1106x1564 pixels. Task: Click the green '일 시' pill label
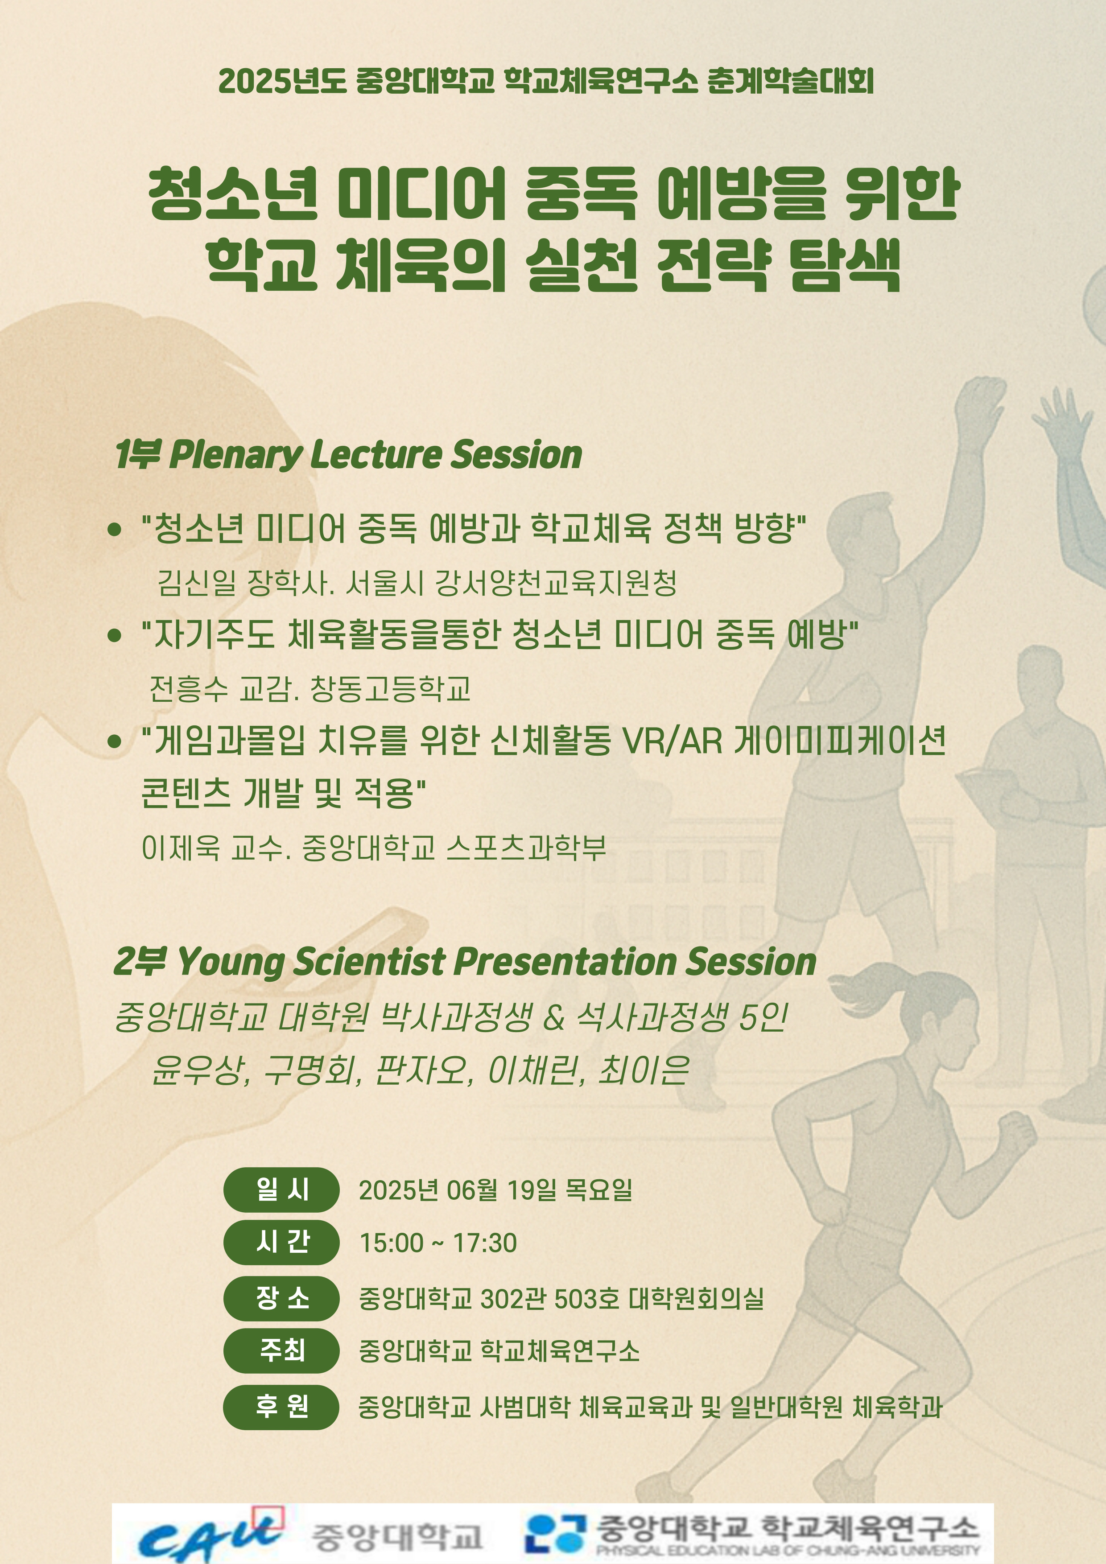281,1190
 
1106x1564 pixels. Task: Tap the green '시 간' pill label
281,1243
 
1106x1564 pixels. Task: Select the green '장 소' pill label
281,1298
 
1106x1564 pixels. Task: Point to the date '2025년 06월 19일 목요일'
495,1190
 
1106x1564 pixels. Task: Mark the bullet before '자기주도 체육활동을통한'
115,635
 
